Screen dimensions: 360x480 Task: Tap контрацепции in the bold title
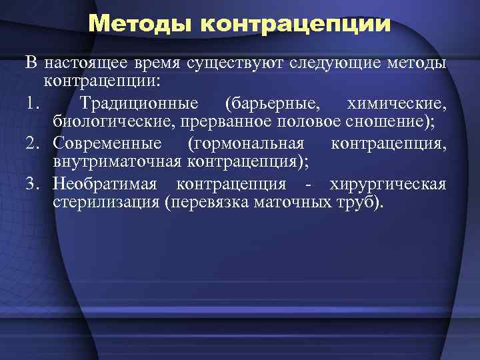click(295, 25)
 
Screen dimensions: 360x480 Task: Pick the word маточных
click(291, 203)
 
